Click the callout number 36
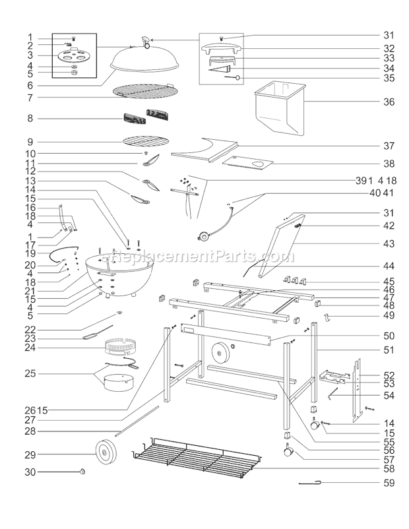(389, 102)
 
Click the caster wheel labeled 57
(289, 452)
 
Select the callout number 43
(389, 244)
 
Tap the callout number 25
(30, 373)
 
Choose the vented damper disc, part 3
(74, 57)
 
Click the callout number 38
(389, 163)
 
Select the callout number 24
(30, 347)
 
